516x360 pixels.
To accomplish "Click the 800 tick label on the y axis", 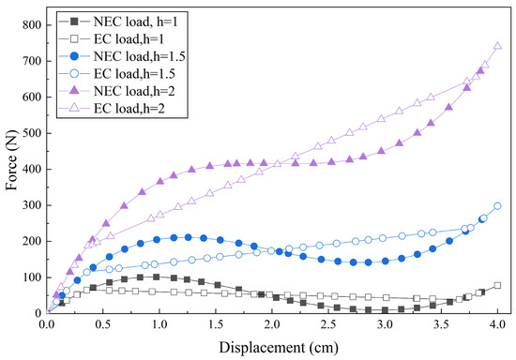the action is (32, 25).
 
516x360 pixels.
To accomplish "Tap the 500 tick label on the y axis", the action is (32, 133).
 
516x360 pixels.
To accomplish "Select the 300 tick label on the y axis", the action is (32, 205).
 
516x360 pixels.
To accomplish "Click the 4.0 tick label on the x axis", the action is (497, 324).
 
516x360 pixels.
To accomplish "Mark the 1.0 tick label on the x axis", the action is (159, 324).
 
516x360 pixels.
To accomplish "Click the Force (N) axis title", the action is (12, 163).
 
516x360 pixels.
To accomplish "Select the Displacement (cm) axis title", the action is (279, 348).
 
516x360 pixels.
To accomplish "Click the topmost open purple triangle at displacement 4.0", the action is (497, 46).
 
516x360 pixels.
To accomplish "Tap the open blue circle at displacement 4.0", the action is (497, 206).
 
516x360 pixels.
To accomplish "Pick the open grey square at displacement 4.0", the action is (497, 285).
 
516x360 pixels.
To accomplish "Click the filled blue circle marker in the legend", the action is (75, 56).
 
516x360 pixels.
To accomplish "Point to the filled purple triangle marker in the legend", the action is (75, 91).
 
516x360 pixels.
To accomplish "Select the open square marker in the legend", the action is (75, 39).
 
